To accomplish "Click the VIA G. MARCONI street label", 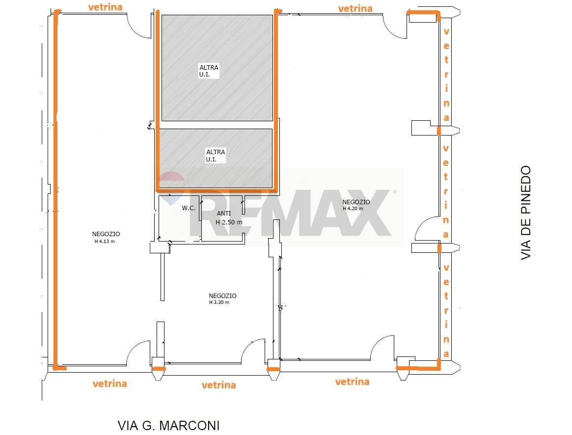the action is pos(168,425).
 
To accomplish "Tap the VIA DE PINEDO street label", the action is pos(526,213).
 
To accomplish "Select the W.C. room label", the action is pos(189,208).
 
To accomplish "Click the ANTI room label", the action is pos(223,214).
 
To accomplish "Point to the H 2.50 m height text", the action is pos(229,222).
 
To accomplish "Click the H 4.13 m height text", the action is pos(105,241).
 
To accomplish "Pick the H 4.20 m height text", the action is pos(353,209).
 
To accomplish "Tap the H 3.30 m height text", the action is pos(219,302).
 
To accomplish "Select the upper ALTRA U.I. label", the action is pos(209,71).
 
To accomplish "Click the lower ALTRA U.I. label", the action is pos(215,156).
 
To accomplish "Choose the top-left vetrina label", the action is pos(106,7).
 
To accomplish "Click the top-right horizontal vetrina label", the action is pos(355,8).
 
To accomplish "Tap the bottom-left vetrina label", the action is pos(110,383).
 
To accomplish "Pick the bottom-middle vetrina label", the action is pos(219,385).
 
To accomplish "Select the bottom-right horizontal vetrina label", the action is pos(353,381).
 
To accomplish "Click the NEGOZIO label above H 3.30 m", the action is pos(222,296).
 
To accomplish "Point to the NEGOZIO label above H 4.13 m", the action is pos(106,234).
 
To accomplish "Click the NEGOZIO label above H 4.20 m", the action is pos(356,202).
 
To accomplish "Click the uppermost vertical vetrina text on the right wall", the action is pos(446,75).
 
